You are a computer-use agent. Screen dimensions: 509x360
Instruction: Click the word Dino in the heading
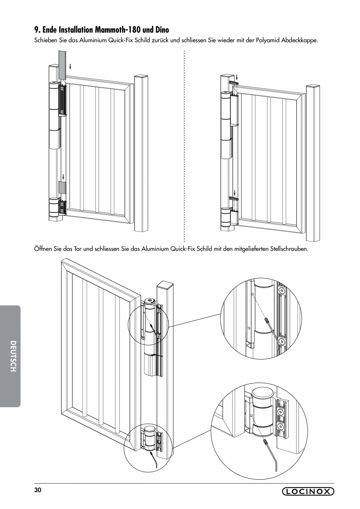[160, 29]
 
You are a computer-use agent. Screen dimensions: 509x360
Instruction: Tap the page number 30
[37, 490]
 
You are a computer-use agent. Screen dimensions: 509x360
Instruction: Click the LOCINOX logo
[308, 491]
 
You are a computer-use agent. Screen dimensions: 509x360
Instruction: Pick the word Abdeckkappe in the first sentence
[301, 40]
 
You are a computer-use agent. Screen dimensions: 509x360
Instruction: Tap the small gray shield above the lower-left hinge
[62, 187]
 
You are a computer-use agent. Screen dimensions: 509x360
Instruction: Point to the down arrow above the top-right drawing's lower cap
[234, 193]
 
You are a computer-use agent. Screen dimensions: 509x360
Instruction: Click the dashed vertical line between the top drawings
[184, 149]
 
